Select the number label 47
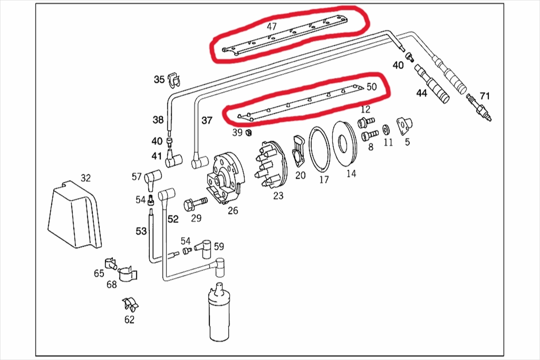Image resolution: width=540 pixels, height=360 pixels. pyautogui.click(x=271, y=27)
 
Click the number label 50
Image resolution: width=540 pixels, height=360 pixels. pyautogui.click(x=372, y=87)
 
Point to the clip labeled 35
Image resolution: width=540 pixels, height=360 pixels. pyautogui.click(x=174, y=79)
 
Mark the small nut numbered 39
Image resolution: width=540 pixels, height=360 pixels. pyautogui.click(x=248, y=133)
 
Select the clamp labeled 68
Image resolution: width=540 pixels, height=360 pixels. pyautogui.click(x=128, y=273)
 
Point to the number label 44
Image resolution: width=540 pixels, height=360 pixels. pyautogui.click(x=421, y=94)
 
